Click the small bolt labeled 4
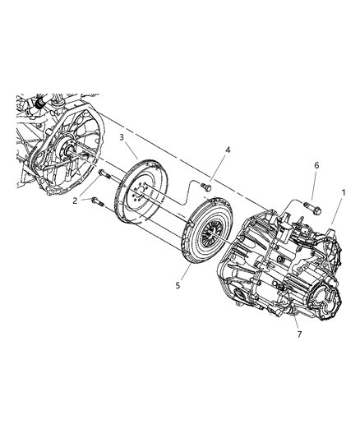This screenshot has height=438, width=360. coord(206,188)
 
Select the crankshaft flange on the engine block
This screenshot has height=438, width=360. coord(67,153)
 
